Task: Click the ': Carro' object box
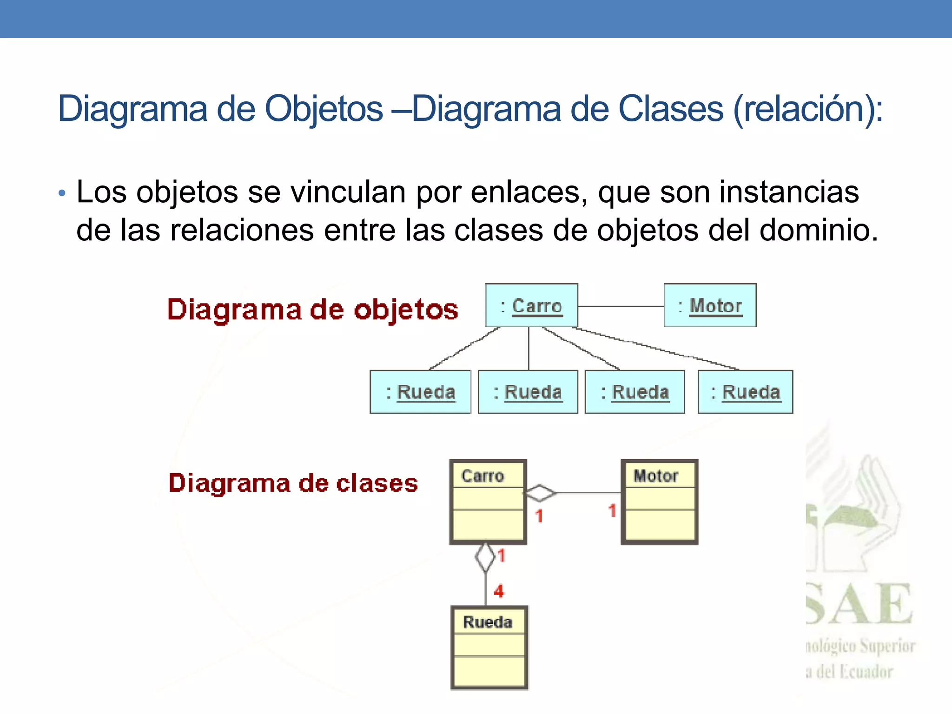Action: click(x=531, y=305)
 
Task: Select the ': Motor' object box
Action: click(x=710, y=305)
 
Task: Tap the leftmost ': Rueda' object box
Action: click(x=420, y=392)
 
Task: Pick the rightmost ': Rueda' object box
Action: click(x=745, y=392)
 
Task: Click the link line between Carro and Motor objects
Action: click(x=621, y=306)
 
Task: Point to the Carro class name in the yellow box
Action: click(x=483, y=476)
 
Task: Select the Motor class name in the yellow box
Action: click(x=656, y=476)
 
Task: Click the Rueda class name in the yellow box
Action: click(x=488, y=622)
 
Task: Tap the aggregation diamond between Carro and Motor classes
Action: click(x=540, y=493)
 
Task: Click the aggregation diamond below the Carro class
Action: click(x=486, y=557)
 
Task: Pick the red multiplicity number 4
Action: click(x=499, y=591)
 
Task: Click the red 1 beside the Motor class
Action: click(x=612, y=511)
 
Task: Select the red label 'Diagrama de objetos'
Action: click(x=312, y=310)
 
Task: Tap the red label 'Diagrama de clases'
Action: click(x=293, y=483)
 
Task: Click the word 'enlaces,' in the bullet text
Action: click(x=529, y=192)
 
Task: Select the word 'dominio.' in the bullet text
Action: click(x=819, y=230)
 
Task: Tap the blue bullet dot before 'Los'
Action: click(x=62, y=193)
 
